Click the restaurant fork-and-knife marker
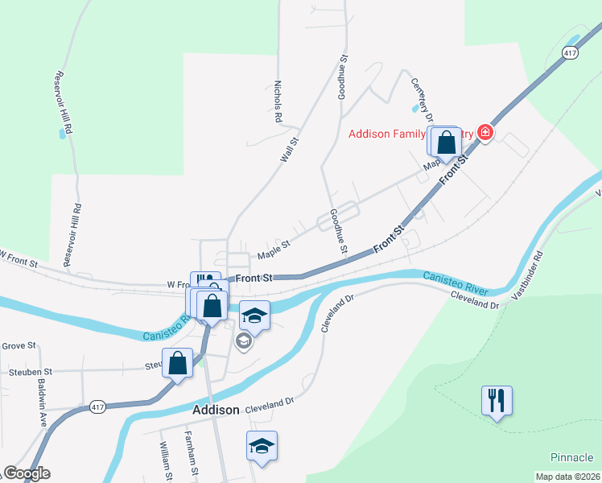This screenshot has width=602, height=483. tap(497, 399)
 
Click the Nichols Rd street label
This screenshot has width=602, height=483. tap(277, 101)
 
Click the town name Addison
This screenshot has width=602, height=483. tap(216, 410)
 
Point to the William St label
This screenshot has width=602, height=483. tap(166, 462)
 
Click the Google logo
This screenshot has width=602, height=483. tap(27, 473)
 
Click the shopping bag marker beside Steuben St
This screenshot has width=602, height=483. tap(178, 363)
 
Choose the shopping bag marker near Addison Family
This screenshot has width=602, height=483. tap(446, 142)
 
